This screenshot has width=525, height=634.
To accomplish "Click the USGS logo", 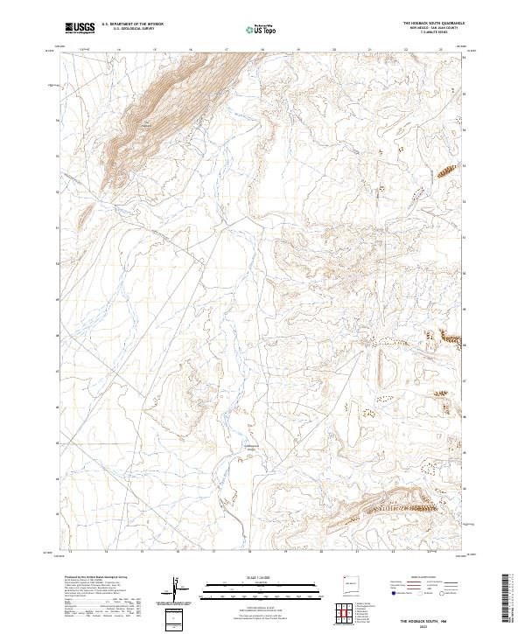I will [80, 28].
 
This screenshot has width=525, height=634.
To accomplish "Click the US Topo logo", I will [259, 28].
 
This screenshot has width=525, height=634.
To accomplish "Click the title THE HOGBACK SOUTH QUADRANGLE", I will [433, 23].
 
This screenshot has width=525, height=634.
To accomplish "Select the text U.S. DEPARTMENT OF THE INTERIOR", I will [132, 24].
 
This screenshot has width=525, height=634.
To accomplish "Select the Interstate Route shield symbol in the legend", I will [393, 593].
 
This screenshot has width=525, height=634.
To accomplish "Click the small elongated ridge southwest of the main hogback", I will [88, 212].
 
